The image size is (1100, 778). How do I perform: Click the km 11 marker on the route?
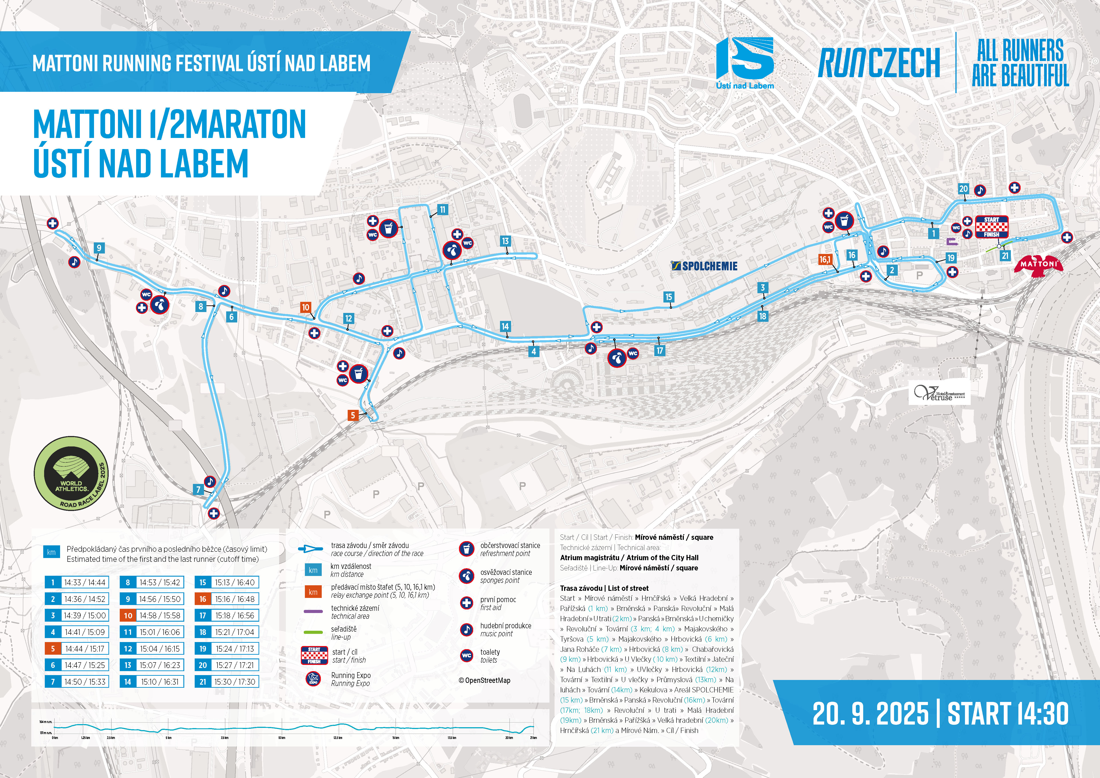click(x=442, y=209)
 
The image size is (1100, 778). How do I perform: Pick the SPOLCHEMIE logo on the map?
click(x=704, y=266)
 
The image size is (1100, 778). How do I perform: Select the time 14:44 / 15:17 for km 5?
click(x=85, y=649)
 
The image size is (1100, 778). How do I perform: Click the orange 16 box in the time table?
click(x=203, y=599)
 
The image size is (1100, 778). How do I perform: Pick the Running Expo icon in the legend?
click(x=313, y=679)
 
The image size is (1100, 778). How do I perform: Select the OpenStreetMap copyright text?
click(x=484, y=680)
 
